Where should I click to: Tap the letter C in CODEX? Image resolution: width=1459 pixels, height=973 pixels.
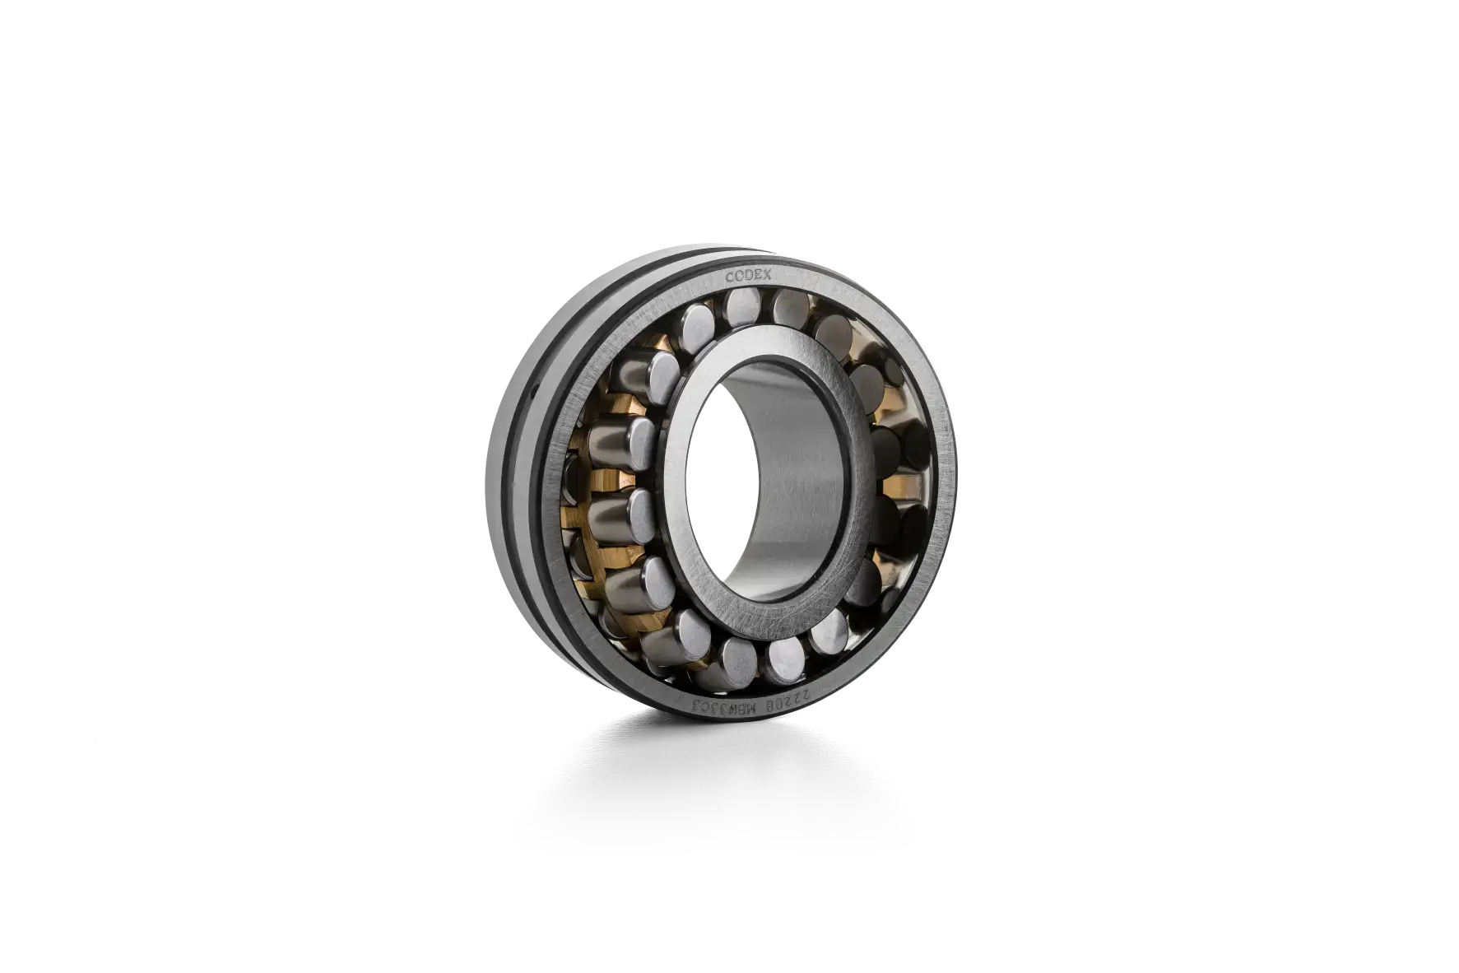click(x=729, y=278)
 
